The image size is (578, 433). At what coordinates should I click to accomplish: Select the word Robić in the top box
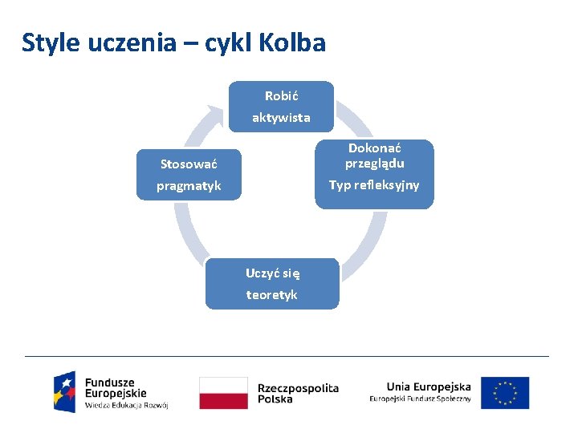point(281,96)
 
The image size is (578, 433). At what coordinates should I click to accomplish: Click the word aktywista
point(281,118)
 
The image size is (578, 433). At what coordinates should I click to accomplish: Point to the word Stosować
point(189,164)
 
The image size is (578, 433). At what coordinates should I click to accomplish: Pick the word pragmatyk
point(189,186)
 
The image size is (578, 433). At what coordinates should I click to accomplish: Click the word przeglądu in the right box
point(374,164)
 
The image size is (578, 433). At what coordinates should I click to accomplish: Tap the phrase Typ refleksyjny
point(374,185)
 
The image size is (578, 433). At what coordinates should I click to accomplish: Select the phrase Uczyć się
point(272,273)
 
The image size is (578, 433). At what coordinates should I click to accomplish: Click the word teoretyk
point(272,295)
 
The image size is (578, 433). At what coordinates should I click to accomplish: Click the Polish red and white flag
point(223,393)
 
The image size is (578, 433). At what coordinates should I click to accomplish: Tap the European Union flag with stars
point(505,393)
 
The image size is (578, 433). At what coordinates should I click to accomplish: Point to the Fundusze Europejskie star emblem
point(65,391)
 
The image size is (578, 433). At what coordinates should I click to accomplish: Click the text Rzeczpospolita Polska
point(298,393)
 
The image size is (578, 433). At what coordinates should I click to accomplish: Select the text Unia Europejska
point(428,386)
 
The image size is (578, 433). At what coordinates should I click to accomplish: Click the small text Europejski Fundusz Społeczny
point(420,399)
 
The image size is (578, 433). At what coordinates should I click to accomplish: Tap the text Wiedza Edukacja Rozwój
point(126,406)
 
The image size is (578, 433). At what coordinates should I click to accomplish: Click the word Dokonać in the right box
point(374,148)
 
